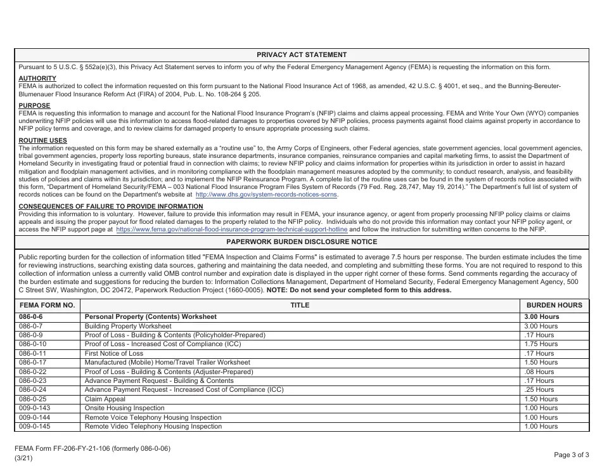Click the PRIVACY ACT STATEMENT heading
302,55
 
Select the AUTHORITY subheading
37,79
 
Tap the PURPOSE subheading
34,106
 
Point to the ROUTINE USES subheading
42,140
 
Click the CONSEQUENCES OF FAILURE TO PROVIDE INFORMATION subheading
102,206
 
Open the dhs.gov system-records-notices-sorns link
266,195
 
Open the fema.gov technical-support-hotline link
232,230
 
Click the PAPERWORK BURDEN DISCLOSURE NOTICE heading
302,242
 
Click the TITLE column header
300,305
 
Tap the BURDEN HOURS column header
554,305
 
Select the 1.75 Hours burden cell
541,344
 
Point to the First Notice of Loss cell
114,353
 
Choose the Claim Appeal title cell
105,399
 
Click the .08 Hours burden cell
539,372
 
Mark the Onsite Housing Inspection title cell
124,408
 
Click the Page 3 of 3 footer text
571,455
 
